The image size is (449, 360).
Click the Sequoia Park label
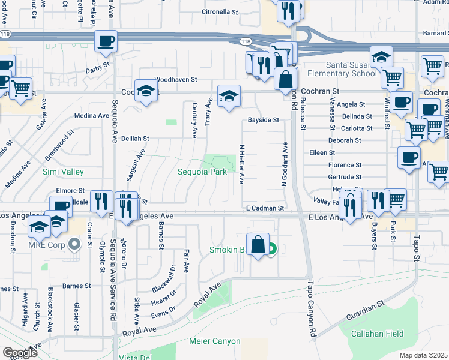[202, 172]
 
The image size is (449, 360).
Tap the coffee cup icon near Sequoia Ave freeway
[106, 42]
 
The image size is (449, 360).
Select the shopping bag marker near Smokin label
[258, 245]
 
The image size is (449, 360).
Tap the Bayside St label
[264, 120]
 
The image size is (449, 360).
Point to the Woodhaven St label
[176, 79]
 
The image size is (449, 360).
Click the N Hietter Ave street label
[242, 163]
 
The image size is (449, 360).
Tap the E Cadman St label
[264, 208]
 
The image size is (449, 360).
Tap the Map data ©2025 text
[423, 355]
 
